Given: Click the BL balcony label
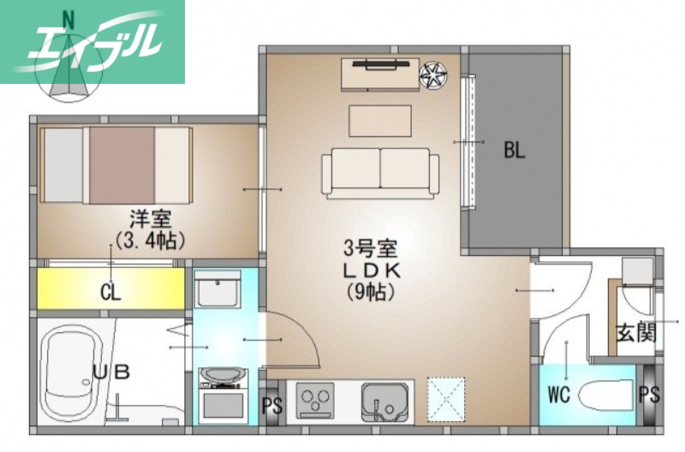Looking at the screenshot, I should [514, 152].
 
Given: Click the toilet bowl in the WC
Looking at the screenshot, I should [605, 395].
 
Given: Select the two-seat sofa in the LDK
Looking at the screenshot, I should [380, 171].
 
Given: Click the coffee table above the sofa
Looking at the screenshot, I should [379, 119].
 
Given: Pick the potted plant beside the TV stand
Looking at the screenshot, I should [433, 75].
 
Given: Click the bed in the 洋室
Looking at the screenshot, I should [114, 164].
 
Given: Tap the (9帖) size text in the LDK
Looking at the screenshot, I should [370, 291].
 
